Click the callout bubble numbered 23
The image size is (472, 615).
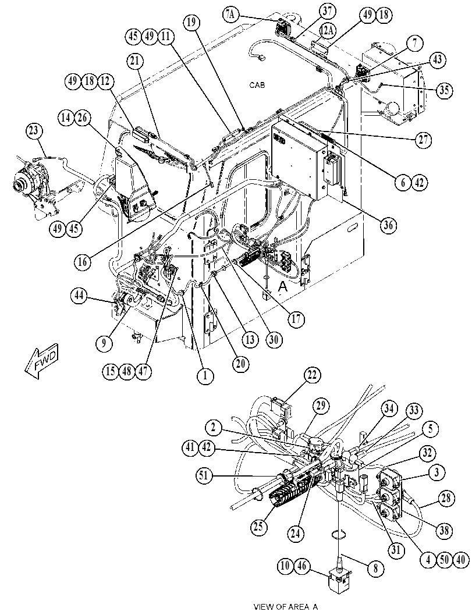pos(34,131)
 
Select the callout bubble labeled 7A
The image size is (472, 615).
pos(230,15)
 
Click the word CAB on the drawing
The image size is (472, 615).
pos(257,85)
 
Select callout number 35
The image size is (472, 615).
pos(445,90)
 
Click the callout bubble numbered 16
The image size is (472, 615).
pos(83,261)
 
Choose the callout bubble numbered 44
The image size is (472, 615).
pos(80,296)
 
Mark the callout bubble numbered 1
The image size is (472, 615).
pos(205,376)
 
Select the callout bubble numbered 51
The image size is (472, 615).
pos(204,476)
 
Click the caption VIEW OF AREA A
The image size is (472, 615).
pos(286,607)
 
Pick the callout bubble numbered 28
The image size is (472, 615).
pos(446,499)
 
